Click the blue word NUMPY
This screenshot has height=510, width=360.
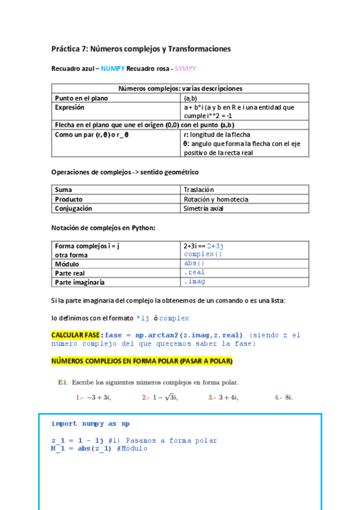(x=112, y=69)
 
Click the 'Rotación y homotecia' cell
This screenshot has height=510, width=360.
(x=216, y=199)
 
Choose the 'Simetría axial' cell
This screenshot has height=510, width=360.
(x=204, y=209)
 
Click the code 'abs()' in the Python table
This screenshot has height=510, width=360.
(x=194, y=263)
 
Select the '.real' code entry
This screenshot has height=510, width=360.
(x=194, y=272)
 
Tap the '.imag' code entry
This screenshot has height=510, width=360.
(x=194, y=281)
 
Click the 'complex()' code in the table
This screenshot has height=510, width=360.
(x=203, y=254)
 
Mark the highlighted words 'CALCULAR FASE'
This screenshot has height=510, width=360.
(x=75, y=335)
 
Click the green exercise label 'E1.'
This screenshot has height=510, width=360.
(x=63, y=382)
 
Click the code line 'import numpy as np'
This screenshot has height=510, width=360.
(x=90, y=423)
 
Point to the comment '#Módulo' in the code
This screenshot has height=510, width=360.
(x=130, y=448)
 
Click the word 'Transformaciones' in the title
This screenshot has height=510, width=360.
(x=199, y=49)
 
